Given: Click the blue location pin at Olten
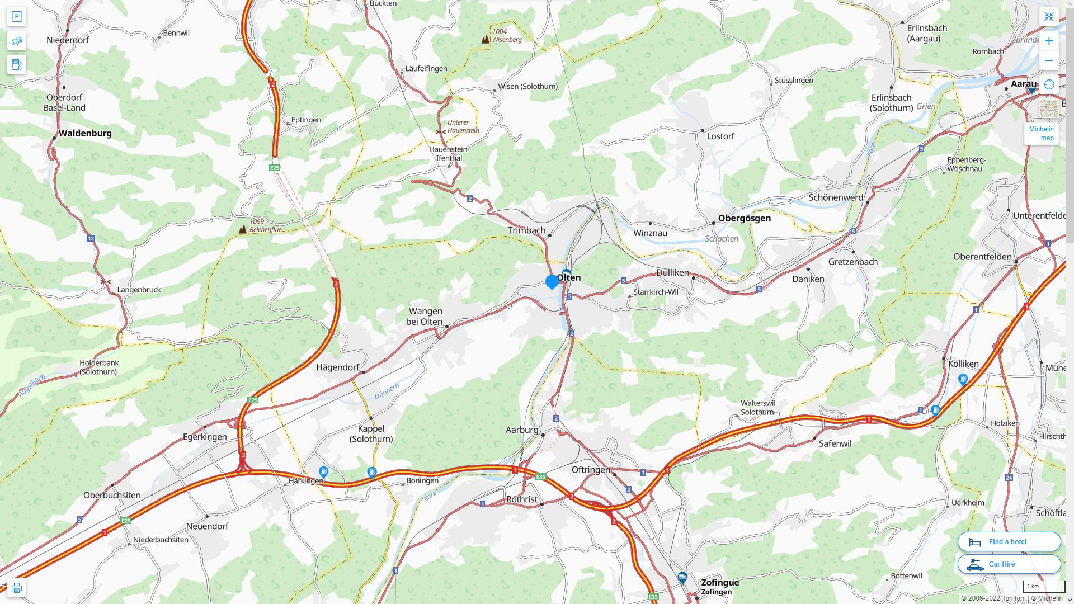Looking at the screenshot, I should (552, 281).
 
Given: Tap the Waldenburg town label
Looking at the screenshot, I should (85, 133).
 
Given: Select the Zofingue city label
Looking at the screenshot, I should (720, 582).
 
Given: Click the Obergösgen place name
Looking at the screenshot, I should (744, 218).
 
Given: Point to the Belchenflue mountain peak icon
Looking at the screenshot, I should (243, 229).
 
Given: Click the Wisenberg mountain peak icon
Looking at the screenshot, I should (486, 39).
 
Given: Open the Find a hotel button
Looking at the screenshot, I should (1009, 541).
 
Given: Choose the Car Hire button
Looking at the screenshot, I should (1009, 564).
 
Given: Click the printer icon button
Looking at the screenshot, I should (16, 588).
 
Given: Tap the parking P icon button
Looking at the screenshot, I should (16, 17).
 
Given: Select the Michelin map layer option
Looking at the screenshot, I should (1041, 134).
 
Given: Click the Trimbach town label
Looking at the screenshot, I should (526, 230).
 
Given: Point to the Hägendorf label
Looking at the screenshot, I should (337, 367).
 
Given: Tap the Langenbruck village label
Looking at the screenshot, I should (139, 290).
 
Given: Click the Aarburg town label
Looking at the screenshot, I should (522, 430).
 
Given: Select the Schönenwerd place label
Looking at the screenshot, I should (836, 197).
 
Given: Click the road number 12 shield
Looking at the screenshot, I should (91, 238).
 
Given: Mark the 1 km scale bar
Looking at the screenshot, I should (1044, 587).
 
